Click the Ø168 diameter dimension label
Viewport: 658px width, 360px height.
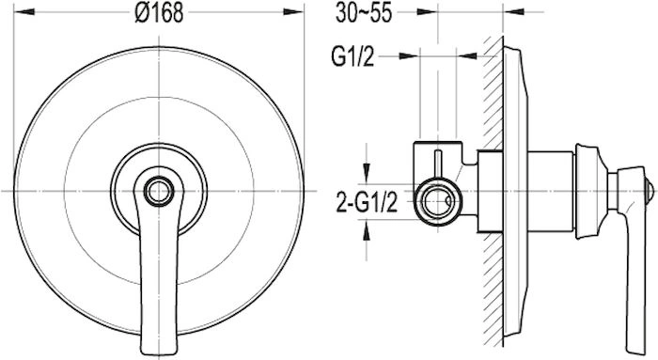tap(159, 13)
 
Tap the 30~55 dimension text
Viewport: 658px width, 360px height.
tap(364, 13)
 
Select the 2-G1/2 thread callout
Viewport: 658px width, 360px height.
tap(367, 204)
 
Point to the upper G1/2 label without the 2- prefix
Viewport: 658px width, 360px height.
tap(352, 56)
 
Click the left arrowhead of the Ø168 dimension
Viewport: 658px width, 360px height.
tap(24, 12)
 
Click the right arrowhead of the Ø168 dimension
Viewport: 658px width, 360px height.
tap(293, 12)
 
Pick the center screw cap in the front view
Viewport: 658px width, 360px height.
tap(159, 192)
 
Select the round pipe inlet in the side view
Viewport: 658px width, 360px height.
tap(438, 201)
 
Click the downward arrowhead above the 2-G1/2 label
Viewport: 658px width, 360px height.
tap(367, 172)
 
